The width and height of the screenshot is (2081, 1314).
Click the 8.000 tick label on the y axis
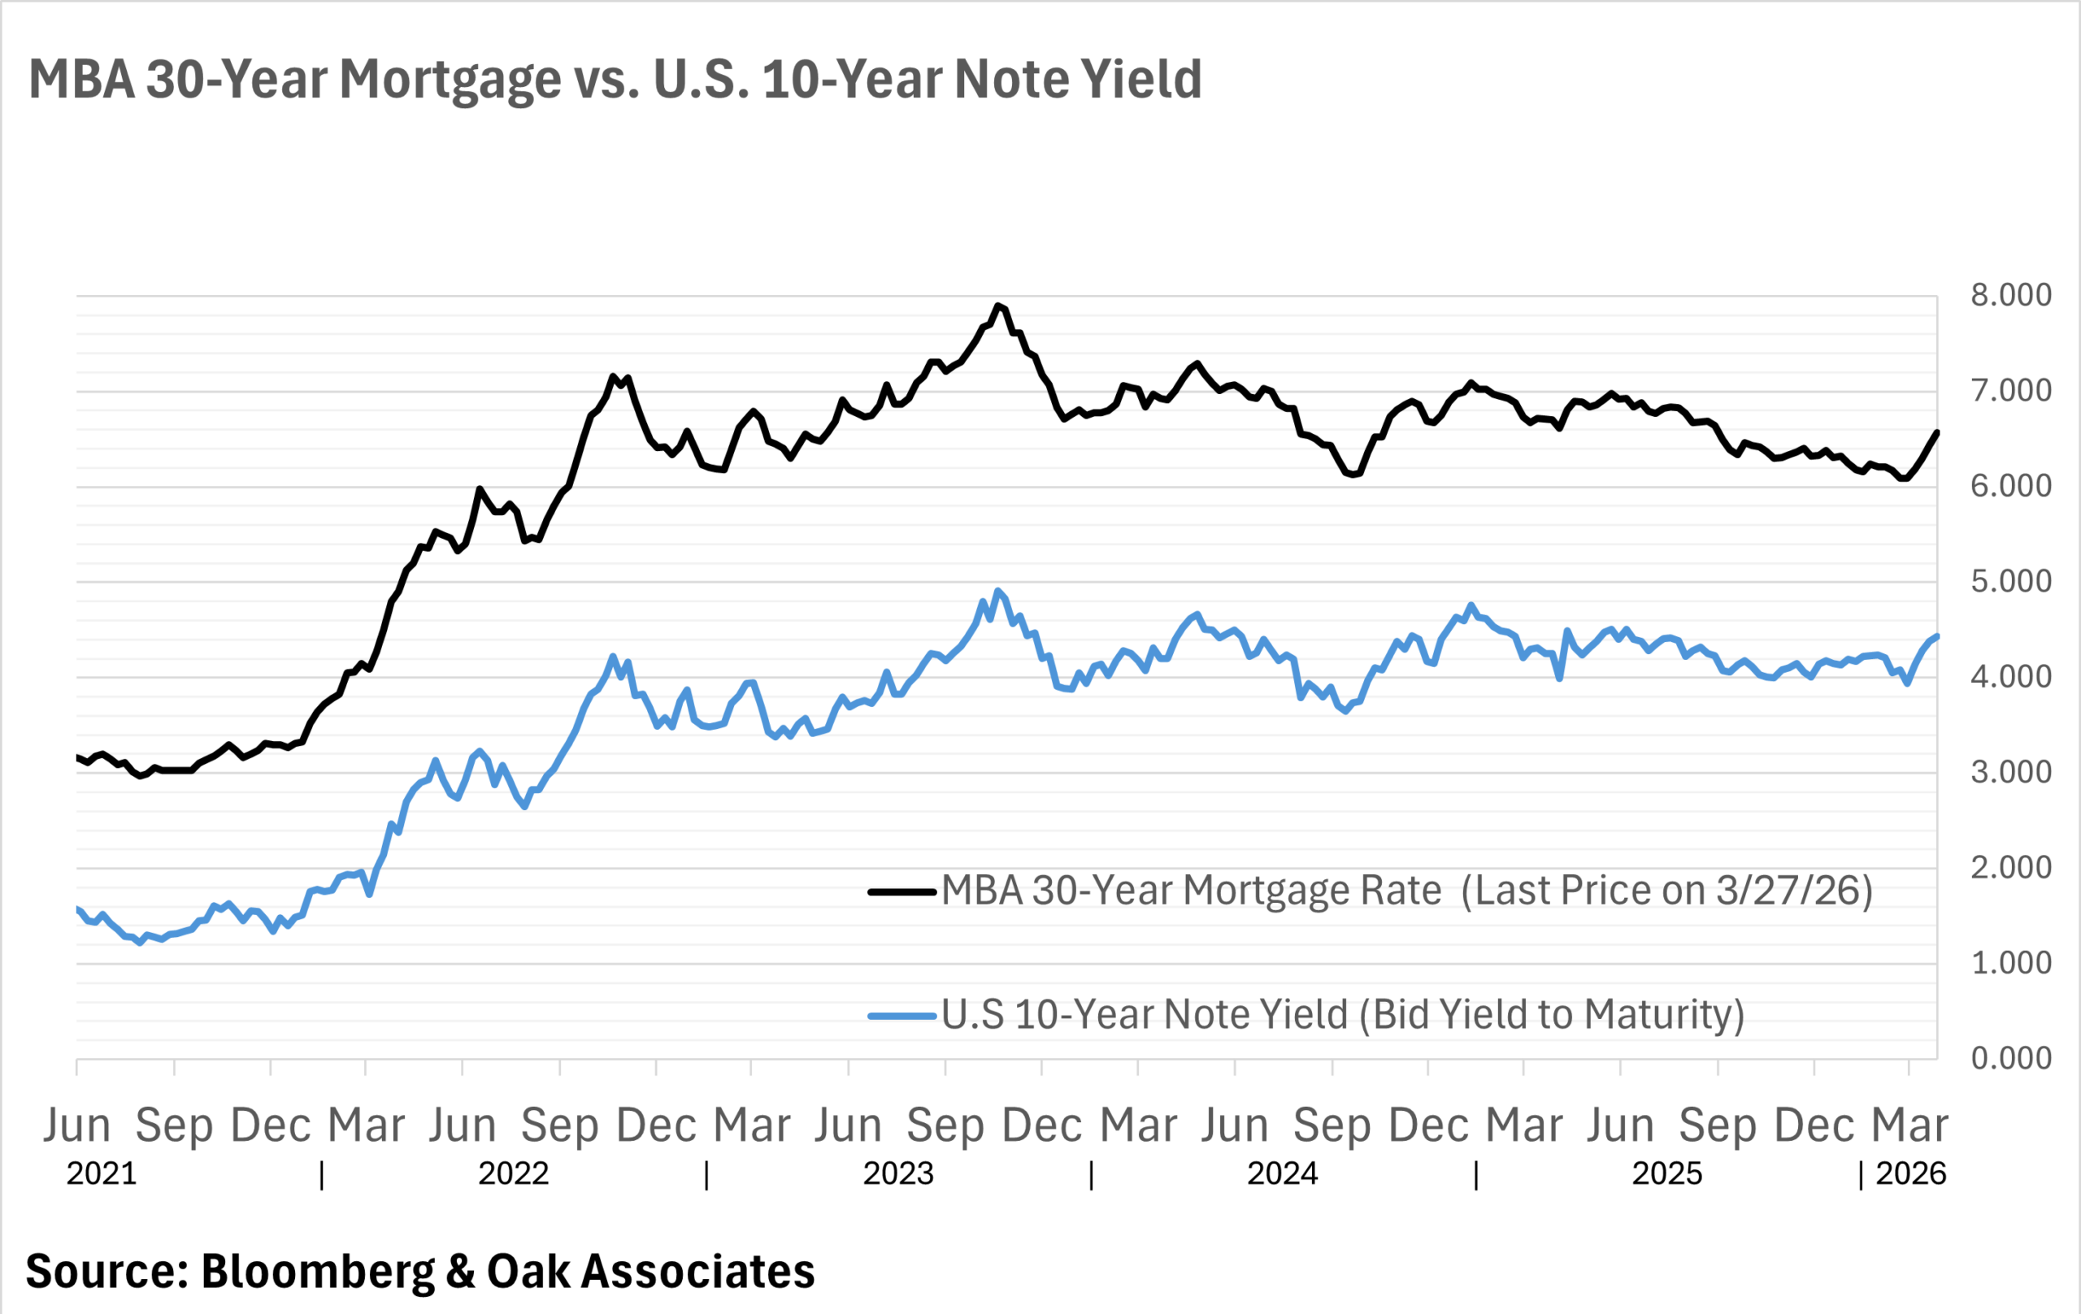tap(2010, 296)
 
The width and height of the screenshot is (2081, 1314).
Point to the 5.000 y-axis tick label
tap(2010, 581)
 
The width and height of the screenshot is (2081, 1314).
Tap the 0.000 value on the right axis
tap(2010, 1058)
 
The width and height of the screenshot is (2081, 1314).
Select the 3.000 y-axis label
tap(2010, 772)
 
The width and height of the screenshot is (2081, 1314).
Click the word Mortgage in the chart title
tap(450, 80)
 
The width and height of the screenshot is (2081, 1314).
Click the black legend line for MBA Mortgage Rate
tap(901, 891)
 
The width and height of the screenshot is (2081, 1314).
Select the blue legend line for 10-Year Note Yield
tap(901, 1016)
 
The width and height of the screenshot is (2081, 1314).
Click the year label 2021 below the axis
tap(102, 1174)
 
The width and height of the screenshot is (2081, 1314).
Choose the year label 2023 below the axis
tap(898, 1174)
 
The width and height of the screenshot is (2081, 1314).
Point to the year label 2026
tap(1911, 1174)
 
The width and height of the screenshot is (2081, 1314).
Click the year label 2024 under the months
tap(1282, 1174)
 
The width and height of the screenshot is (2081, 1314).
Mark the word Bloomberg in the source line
tap(317, 1272)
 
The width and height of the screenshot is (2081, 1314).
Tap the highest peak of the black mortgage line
tap(998, 305)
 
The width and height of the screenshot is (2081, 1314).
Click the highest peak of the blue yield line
tap(998, 591)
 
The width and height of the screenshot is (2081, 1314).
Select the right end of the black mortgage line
tap(1936, 432)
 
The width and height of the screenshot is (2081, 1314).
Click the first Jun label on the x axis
tap(77, 1125)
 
